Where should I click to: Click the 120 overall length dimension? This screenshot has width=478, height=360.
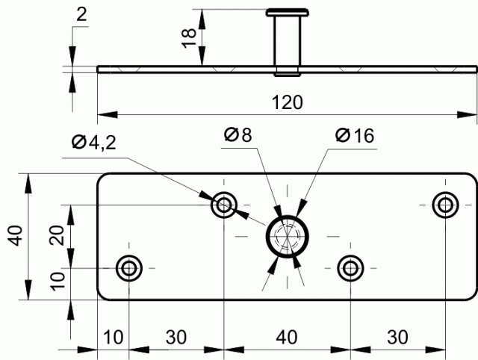coord(288,103)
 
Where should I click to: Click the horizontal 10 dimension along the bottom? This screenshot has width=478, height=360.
coord(114,337)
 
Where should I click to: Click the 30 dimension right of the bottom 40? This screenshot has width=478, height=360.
coord(397,337)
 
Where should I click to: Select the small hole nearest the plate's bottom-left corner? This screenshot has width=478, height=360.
coord(130,267)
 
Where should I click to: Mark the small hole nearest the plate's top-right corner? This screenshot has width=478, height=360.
coord(446,205)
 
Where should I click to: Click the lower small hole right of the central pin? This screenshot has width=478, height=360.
coord(350,267)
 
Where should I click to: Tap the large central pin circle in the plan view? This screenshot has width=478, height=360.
coord(288,236)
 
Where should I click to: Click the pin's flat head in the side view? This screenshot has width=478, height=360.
coord(288,12)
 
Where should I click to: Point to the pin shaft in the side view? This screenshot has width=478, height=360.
coord(288,41)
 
